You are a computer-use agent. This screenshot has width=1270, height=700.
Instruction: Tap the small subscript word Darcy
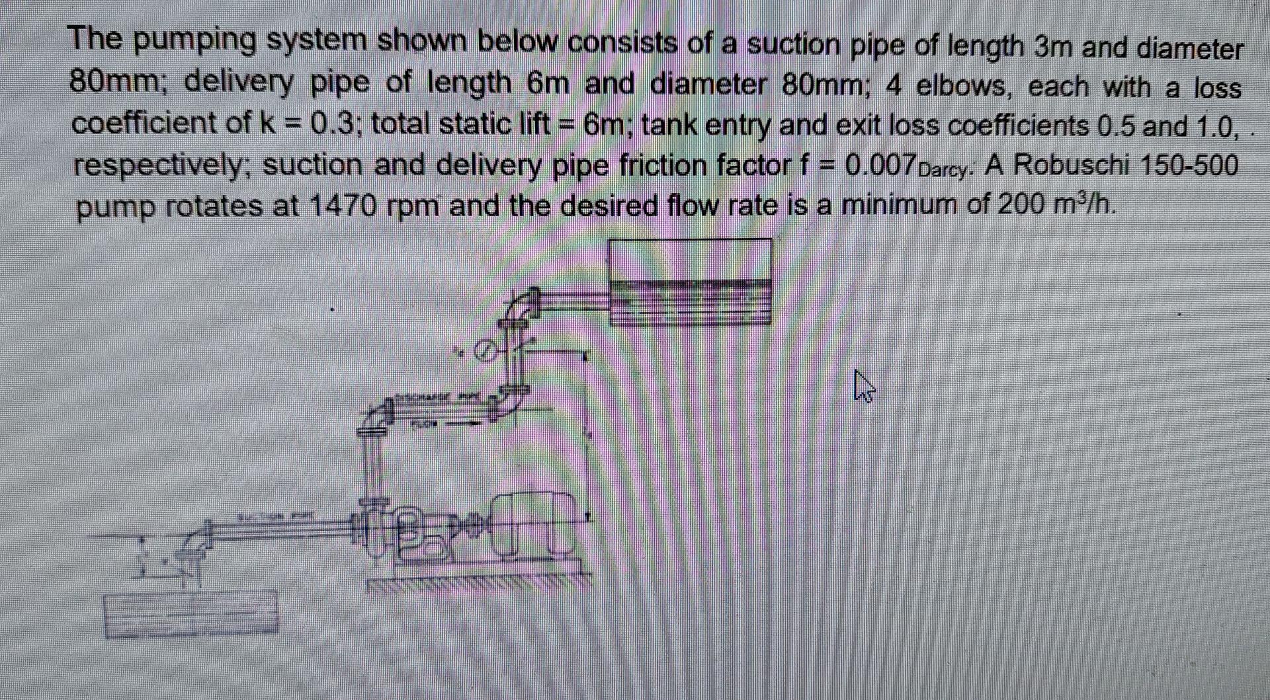(x=947, y=170)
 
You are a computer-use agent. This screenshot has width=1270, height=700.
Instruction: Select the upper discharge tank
(x=689, y=281)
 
